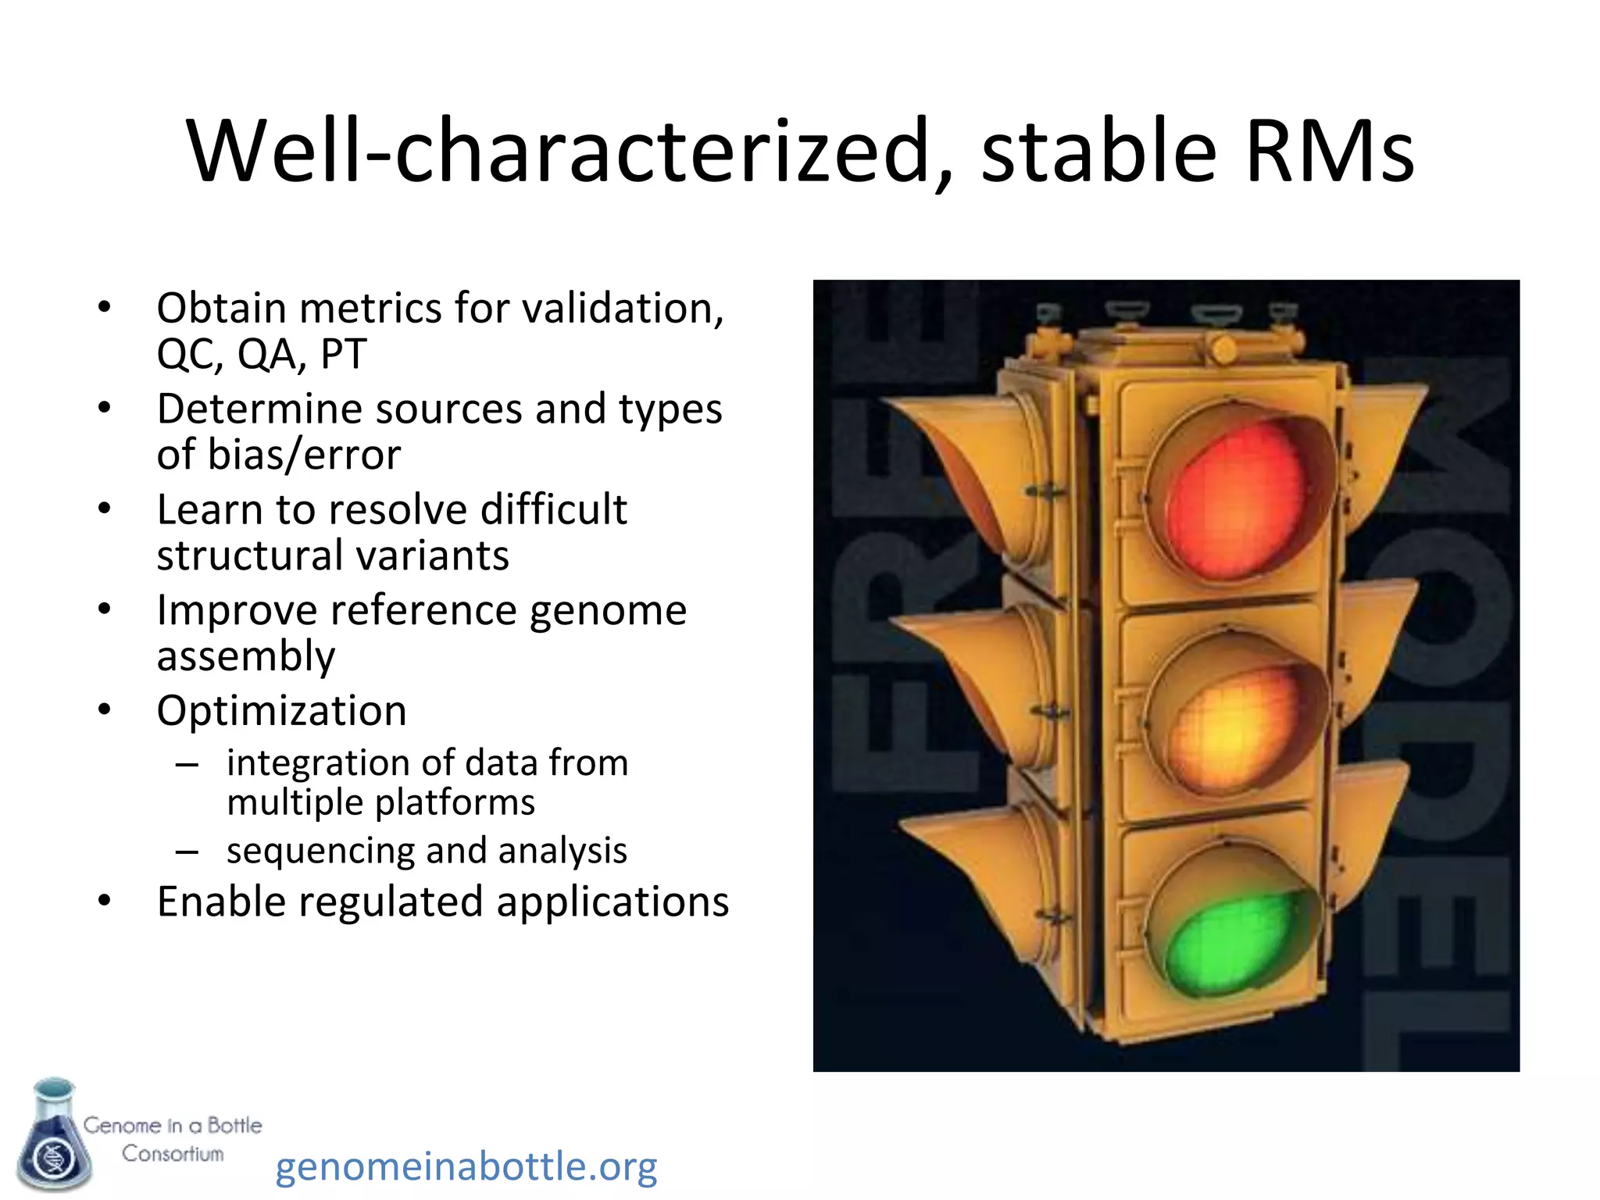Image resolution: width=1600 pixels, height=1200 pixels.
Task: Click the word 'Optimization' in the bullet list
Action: (x=281, y=711)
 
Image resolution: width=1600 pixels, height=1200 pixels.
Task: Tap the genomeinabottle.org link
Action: (x=466, y=1166)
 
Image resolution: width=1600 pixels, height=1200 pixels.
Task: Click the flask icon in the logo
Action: (x=53, y=1137)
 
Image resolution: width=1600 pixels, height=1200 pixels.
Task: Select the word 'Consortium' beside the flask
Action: (x=173, y=1154)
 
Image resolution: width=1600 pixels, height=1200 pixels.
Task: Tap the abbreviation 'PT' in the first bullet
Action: (x=344, y=354)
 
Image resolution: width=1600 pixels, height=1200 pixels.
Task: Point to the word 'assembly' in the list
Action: (x=245, y=656)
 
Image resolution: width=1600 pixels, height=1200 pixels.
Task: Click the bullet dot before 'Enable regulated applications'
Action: (x=105, y=901)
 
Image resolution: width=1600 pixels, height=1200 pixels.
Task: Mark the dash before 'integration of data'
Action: (x=186, y=764)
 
